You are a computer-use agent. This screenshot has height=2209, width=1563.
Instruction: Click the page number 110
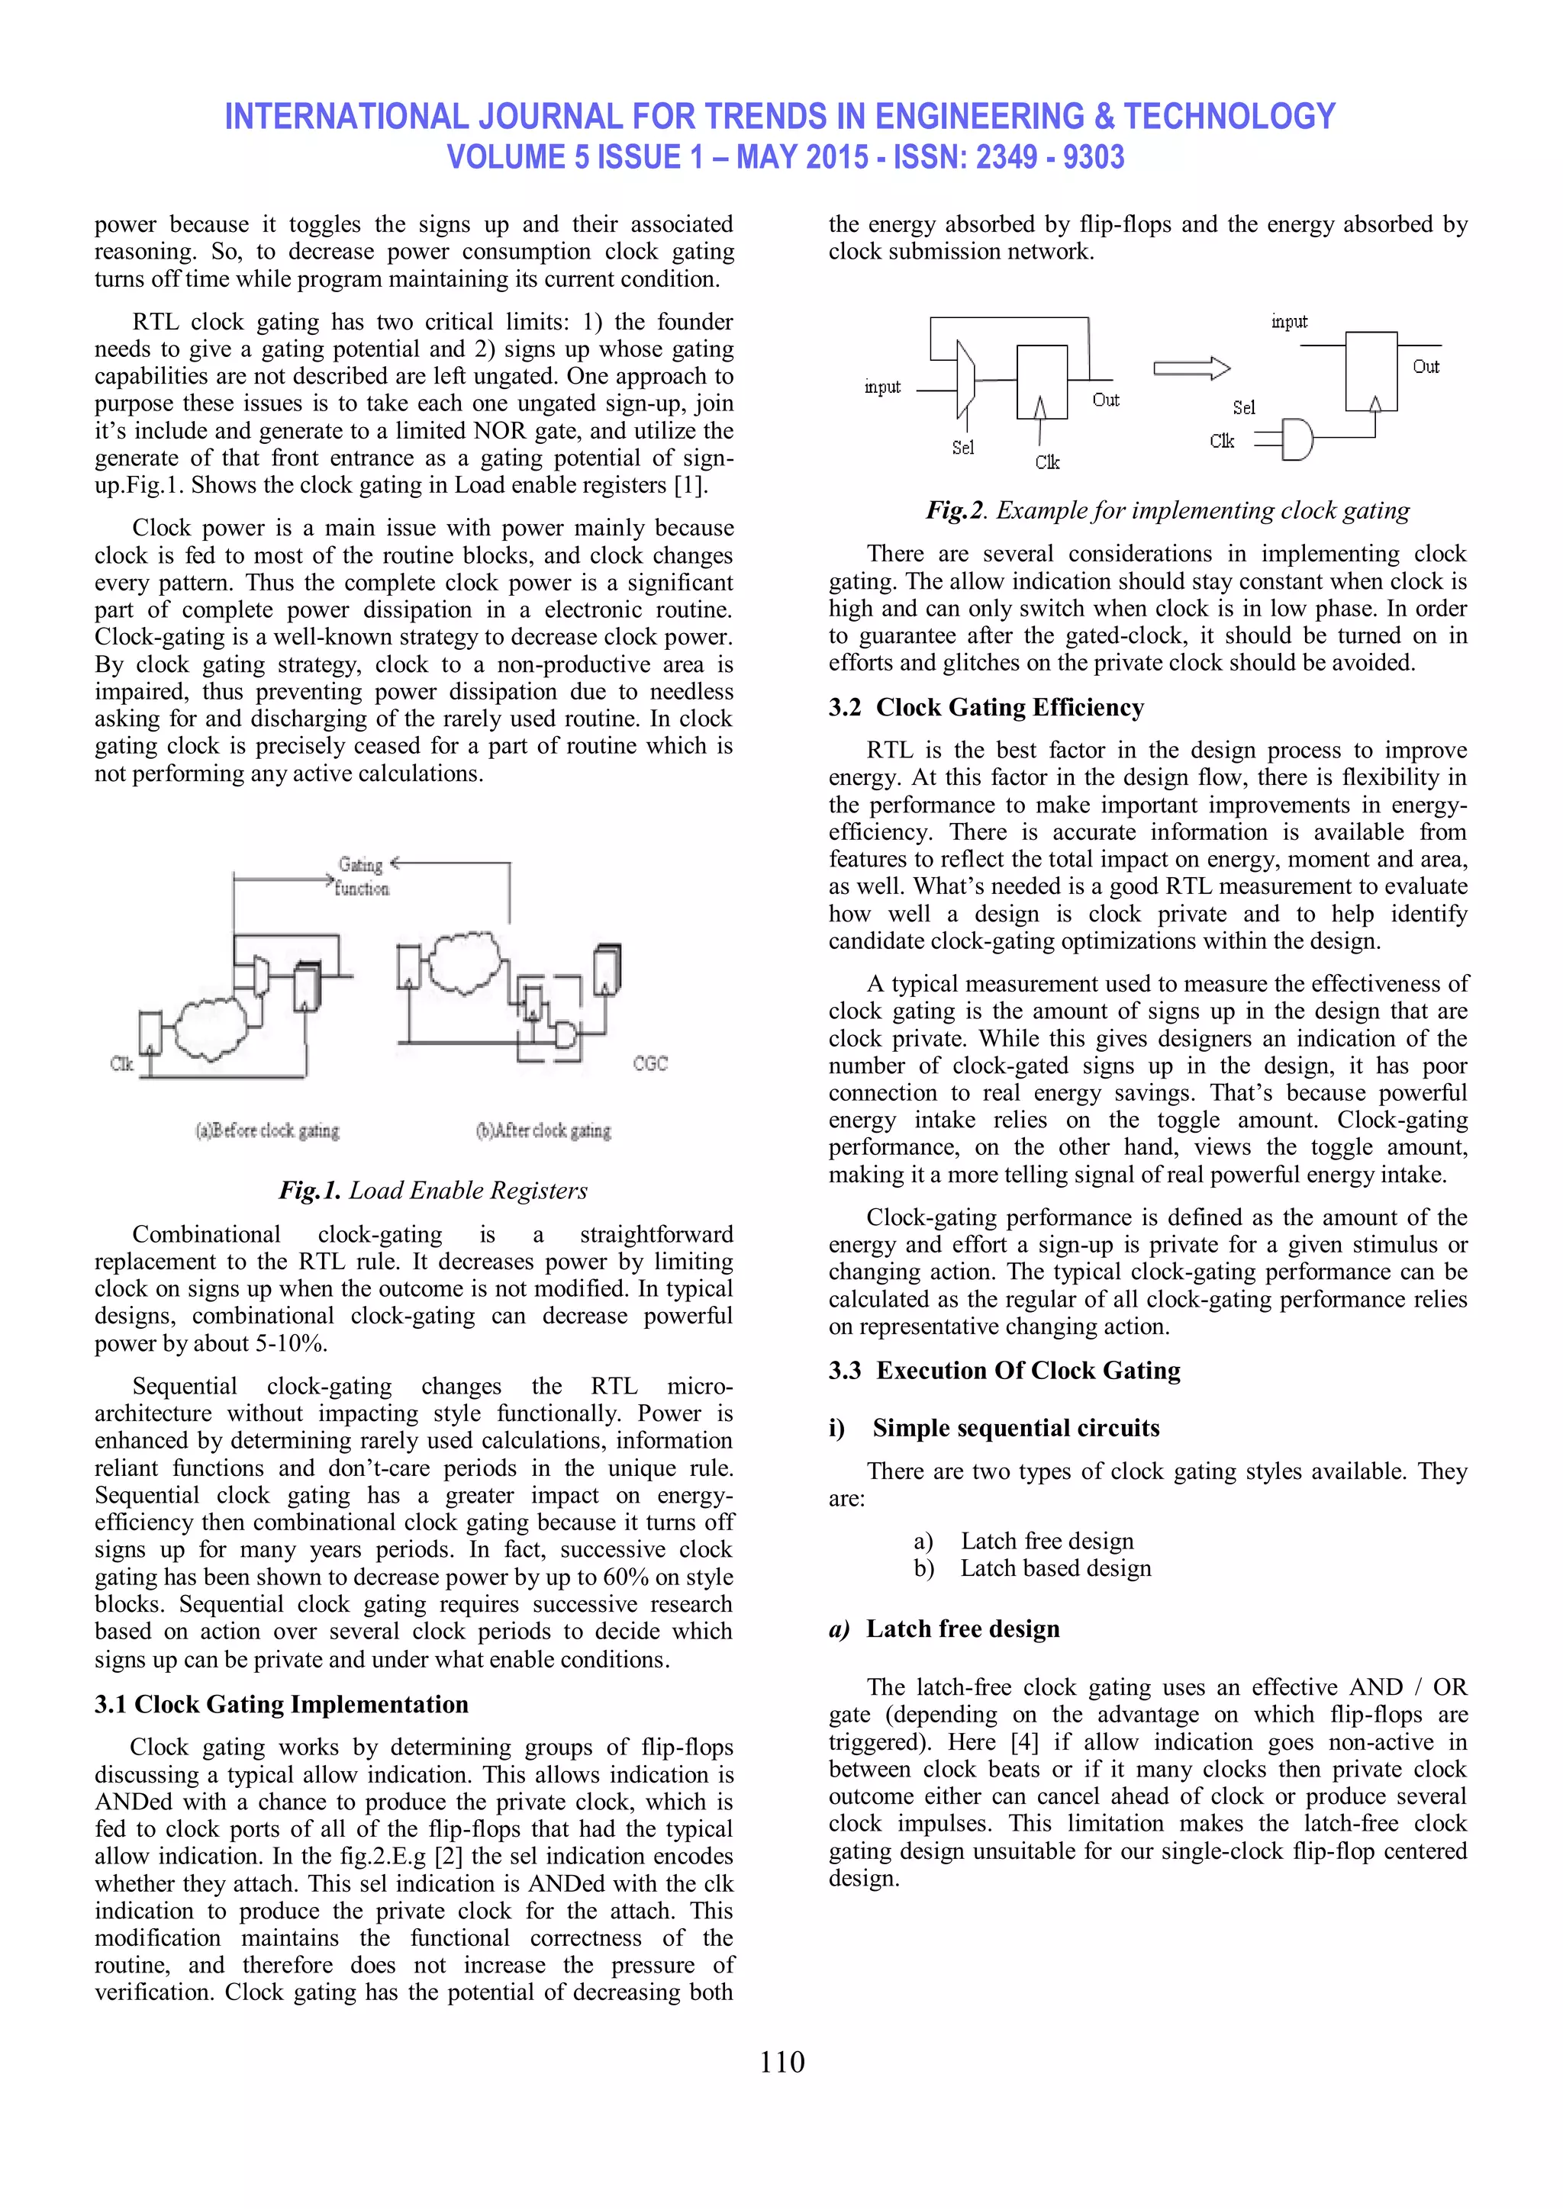tap(781, 2062)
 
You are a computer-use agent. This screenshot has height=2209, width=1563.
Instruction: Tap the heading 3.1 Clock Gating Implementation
tap(281, 1704)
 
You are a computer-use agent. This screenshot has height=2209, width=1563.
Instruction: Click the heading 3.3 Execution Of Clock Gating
tap(1004, 1370)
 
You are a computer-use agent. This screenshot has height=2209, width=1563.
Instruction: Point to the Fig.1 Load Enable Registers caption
tap(432, 1190)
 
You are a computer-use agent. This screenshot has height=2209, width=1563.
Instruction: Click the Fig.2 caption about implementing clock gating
tap(1168, 510)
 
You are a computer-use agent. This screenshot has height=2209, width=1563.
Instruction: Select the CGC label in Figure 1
tap(649, 1063)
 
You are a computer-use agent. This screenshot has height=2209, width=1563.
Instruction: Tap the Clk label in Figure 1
tap(121, 1063)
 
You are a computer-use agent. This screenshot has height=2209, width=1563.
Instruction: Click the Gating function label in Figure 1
tap(362, 876)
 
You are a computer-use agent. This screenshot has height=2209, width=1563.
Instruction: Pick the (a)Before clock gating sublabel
tap(268, 1130)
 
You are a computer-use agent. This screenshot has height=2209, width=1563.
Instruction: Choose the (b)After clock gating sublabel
tap(544, 1130)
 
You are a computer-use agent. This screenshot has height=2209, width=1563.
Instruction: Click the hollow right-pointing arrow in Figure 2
tap(1191, 368)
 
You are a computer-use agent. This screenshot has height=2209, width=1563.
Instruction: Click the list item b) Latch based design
tap(1032, 1568)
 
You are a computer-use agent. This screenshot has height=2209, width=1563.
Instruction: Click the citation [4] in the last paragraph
tap(1024, 1742)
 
